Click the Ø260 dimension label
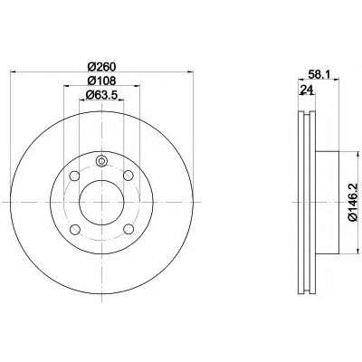click(101, 66)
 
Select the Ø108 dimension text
click(101, 81)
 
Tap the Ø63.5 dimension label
click(101, 95)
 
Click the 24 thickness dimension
click(306, 90)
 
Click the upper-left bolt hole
click(74, 176)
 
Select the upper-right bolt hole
click(129, 176)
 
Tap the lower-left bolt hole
click(74, 230)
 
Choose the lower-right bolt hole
click(129, 229)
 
